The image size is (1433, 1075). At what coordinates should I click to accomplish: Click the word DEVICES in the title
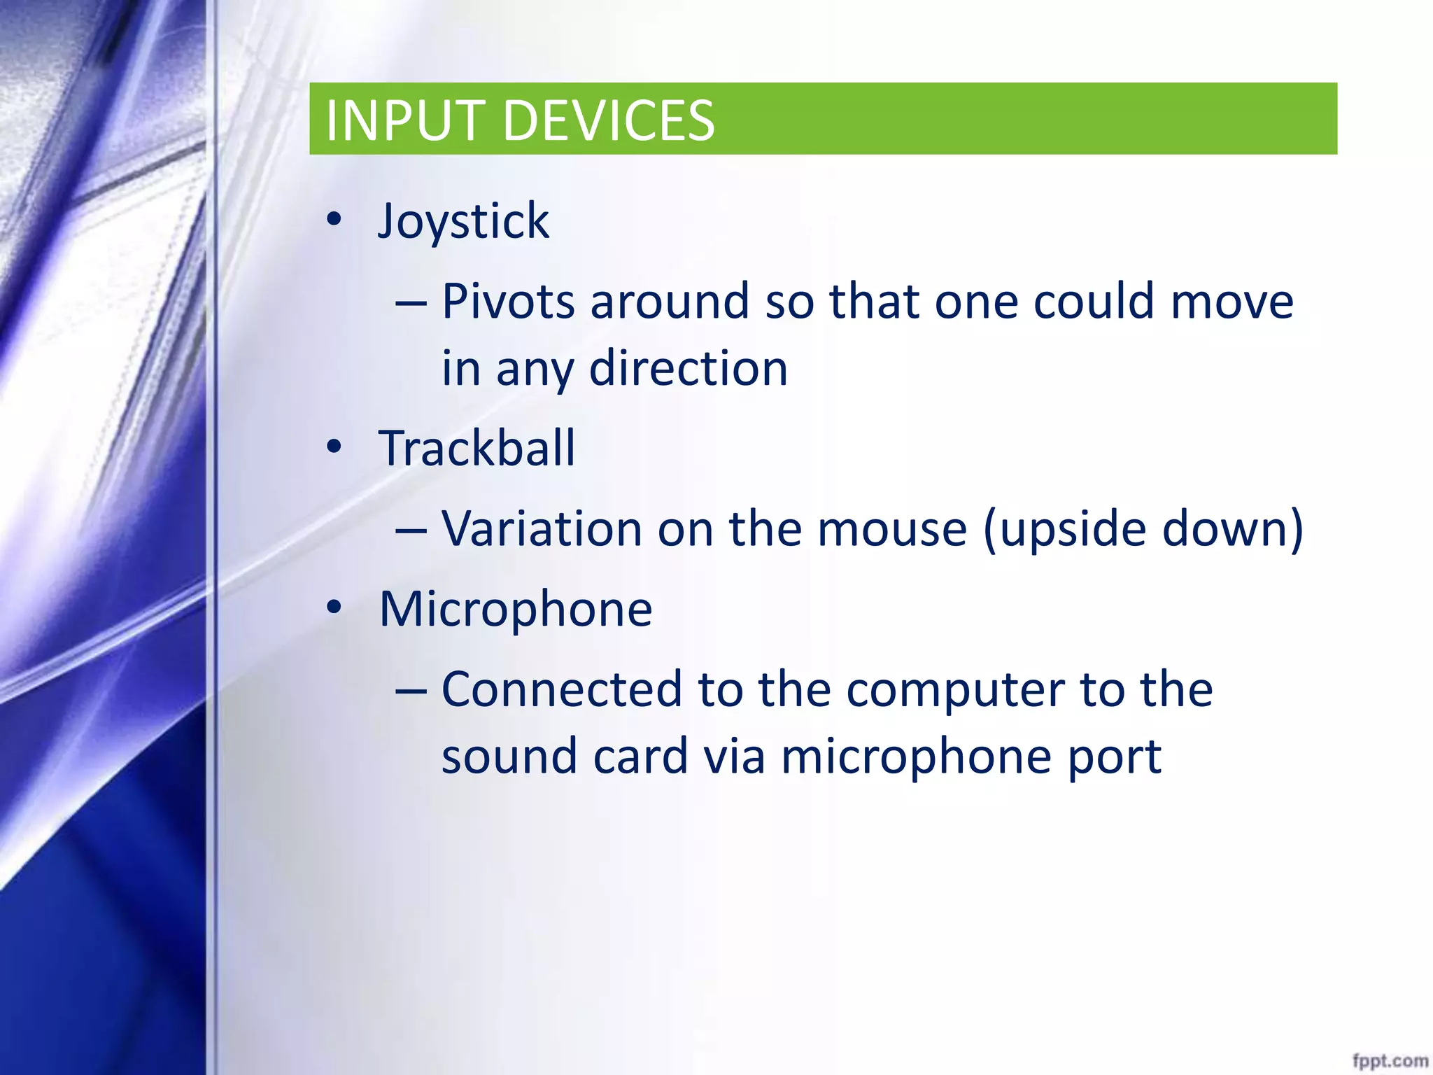609,120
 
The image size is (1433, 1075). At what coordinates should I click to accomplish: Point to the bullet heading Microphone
516,609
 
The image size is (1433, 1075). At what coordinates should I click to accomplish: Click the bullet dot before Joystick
334,220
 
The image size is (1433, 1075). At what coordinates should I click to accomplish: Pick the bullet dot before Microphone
334,607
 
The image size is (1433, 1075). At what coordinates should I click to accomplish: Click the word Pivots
508,302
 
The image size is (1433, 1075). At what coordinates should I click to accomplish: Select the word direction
689,368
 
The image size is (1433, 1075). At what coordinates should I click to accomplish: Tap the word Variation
542,528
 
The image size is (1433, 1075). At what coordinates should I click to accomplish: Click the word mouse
892,530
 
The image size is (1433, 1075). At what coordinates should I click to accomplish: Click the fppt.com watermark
1390,1060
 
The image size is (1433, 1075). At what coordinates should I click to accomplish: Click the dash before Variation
411,530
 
